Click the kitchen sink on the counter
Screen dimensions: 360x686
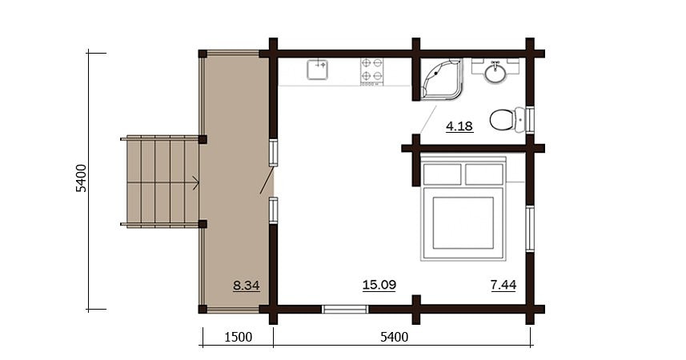click(x=319, y=70)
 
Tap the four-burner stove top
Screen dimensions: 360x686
click(x=372, y=70)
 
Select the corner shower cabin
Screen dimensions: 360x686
click(x=441, y=79)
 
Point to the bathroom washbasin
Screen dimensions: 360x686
click(x=495, y=73)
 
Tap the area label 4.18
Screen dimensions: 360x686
click(x=459, y=126)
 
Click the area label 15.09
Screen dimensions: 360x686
click(x=379, y=284)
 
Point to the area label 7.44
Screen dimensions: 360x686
click(x=503, y=284)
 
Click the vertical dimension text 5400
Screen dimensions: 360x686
click(x=81, y=178)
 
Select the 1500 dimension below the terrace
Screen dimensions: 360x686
click(x=238, y=337)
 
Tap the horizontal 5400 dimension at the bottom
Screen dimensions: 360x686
click(x=394, y=337)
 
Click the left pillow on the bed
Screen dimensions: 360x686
click(x=442, y=174)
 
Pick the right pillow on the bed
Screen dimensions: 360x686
click(x=483, y=174)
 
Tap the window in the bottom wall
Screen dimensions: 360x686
click(x=345, y=309)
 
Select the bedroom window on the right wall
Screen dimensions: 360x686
click(x=529, y=228)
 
